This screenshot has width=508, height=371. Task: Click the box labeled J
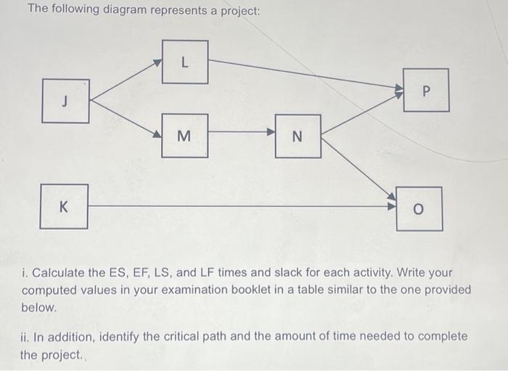pos(65,101)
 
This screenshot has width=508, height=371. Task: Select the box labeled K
pos(64,206)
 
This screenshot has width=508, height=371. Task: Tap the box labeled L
pos(184,62)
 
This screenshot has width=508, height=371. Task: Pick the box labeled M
pos(184,135)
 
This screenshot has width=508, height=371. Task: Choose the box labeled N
pos(297,136)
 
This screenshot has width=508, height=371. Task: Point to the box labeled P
pos(426,90)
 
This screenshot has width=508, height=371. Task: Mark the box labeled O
pos(419,209)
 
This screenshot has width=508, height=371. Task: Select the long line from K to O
pos(239,205)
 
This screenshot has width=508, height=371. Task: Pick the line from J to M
pos(125,116)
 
